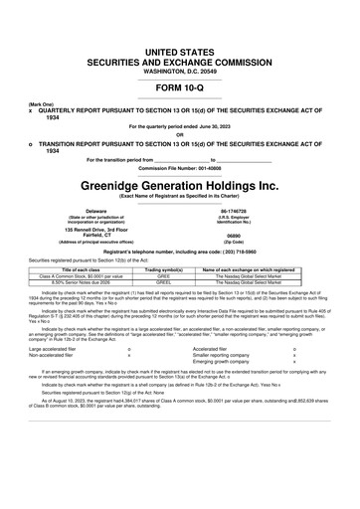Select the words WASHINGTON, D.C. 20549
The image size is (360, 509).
[x=180, y=43]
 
